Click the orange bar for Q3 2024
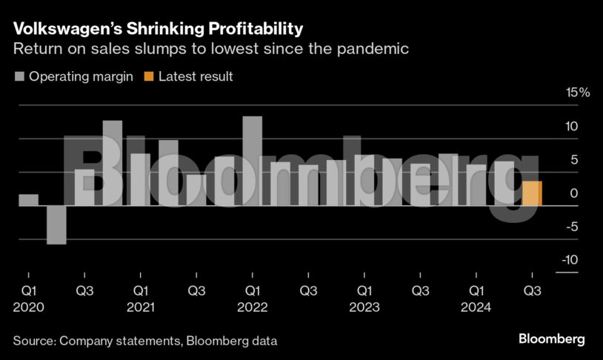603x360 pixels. pos(532,193)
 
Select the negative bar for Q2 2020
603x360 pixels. pos(56,224)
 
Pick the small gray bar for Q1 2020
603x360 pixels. pos(28,200)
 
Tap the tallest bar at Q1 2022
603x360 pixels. pos(252,161)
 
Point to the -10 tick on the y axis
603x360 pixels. pos(569,260)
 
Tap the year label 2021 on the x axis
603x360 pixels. pos(141,307)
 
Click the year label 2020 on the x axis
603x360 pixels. pos(28,307)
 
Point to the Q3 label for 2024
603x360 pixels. pos(532,290)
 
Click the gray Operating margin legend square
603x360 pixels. pos(19,76)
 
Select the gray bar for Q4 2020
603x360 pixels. pos(113,163)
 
